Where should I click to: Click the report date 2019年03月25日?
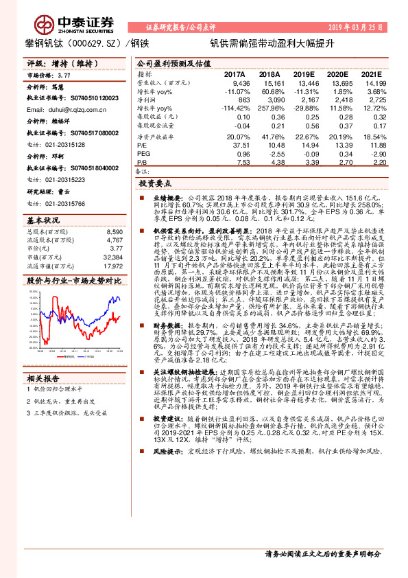click(361, 27)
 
